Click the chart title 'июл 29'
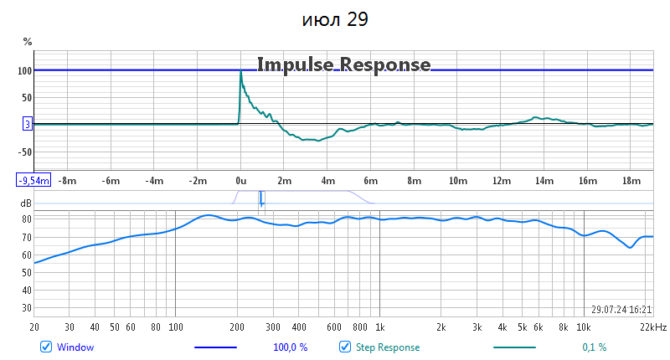(335, 19)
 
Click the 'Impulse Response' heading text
(343, 64)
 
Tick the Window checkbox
(46, 347)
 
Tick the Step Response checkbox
(344, 347)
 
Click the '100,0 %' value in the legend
(291, 347)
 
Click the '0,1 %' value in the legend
(594, 347)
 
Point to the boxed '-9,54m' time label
(33, 180)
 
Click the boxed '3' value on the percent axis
(27, 125)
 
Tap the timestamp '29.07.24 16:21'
(621, 309)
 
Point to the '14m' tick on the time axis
(544, 180)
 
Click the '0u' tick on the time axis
(240, 180)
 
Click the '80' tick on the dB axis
(26, 219)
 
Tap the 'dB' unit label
(26, 203)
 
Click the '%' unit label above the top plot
(27, 42)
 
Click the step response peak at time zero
(241, 72)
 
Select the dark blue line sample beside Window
(215, 347)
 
